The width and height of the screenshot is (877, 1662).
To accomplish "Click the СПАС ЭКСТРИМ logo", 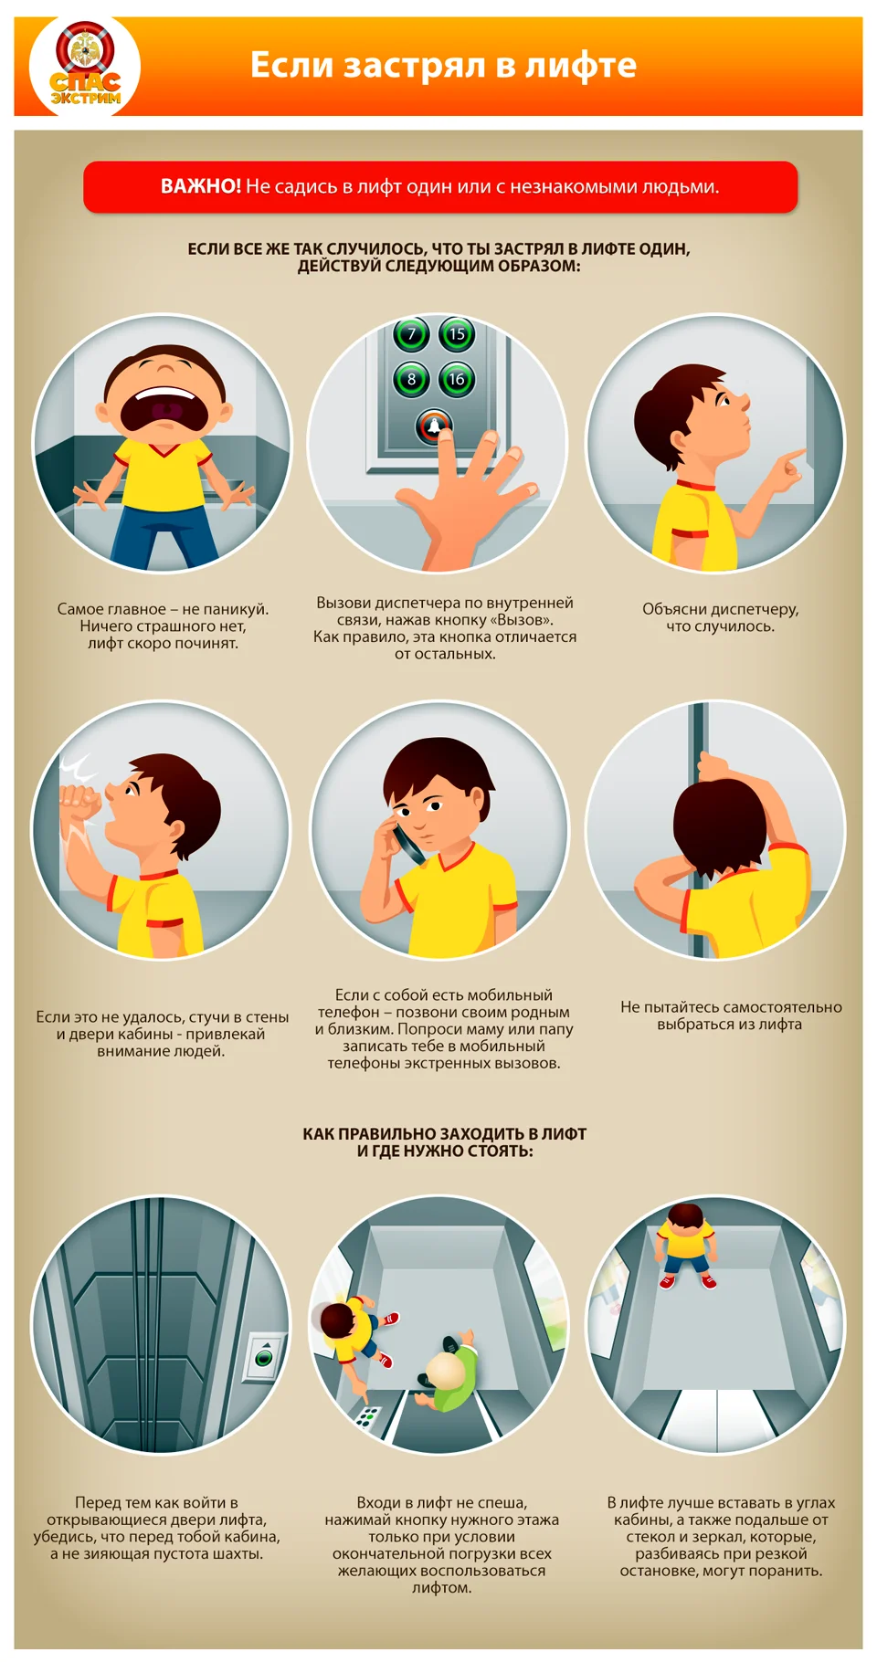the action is click(84, 66).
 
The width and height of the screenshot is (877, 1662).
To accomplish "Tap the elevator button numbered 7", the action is click(411, 334).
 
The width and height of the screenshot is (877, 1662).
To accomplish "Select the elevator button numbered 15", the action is click(457, 334).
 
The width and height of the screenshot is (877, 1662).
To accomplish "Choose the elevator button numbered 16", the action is click(457, 379).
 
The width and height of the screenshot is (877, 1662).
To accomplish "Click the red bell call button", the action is click(434, 426).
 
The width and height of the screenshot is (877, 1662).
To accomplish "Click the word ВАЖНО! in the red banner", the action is click(201, 186).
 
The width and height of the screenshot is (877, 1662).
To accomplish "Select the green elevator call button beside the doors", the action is click(264, 1357).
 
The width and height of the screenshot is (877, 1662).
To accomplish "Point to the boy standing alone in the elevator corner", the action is click(686, 1245).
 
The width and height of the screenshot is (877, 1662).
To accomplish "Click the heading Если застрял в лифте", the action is click(443, 65).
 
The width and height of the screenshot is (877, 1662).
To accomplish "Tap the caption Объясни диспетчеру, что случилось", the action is click(721, 617).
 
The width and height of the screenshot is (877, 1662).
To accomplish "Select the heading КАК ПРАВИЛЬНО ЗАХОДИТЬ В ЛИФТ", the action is click(445, 1133).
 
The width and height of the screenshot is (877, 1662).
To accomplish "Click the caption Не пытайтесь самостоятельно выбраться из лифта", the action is click(731, 1015).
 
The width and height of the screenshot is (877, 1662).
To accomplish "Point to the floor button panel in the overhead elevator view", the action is click(368, 1417).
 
